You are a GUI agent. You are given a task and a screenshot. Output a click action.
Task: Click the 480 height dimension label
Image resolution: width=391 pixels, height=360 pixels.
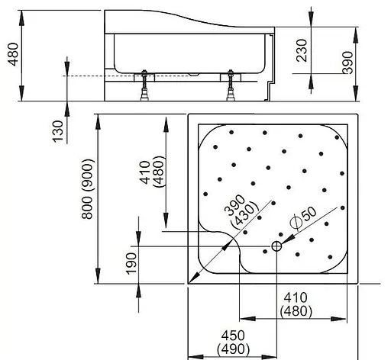[x=14, y=54]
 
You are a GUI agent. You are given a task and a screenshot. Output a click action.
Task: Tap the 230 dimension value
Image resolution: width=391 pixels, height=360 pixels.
[x=302, y=50]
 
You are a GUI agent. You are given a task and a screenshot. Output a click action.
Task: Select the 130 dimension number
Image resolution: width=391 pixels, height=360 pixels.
[x=57, y=131]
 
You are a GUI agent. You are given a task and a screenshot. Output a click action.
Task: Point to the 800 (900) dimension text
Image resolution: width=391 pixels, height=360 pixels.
[x=88, y=189]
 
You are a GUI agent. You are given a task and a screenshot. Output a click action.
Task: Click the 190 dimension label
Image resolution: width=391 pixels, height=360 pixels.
[x=131, y=263]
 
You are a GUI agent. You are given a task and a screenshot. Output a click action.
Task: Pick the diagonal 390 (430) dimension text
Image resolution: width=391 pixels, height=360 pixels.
[x=239, y=210]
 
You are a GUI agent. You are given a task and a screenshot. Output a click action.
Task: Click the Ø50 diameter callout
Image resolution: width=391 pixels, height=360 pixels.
[x=303, y=217]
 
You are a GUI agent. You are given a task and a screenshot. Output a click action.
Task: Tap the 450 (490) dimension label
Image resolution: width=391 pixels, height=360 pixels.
[x=233, y=342]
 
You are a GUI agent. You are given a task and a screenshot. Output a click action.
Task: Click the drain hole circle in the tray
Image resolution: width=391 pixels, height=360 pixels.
[x=276, y=246]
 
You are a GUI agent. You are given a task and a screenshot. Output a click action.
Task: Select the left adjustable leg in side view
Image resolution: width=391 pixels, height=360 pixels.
[x=144, y=85]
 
